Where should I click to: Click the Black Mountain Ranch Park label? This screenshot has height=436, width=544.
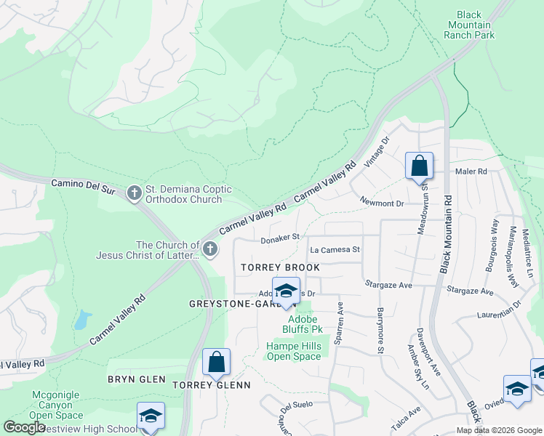click(470, 25)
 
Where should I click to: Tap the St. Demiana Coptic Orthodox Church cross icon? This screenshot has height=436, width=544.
click(133, 194)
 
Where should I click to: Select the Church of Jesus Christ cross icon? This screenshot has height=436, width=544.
click(209, 250)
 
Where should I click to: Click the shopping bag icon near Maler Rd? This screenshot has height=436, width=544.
click(419, 166)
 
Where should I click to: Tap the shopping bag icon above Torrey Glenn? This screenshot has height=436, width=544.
click(216, 362)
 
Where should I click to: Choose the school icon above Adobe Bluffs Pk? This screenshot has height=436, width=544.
click(286, 291)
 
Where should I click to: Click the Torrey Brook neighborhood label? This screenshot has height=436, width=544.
click(280, 267)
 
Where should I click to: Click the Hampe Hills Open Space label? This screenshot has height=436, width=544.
click(293, 351)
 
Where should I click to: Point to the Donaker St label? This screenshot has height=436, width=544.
click(281, 237)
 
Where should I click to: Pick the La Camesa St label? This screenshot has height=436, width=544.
click(335, 249)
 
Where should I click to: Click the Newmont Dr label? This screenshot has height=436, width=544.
click(381, 203)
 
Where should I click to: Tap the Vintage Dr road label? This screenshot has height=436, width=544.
click(378, 151)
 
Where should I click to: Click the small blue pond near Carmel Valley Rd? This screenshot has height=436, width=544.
click(82, 319)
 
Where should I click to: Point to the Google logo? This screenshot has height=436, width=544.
click(24, 427)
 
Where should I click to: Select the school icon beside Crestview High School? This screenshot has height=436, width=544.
click(151, 416)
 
